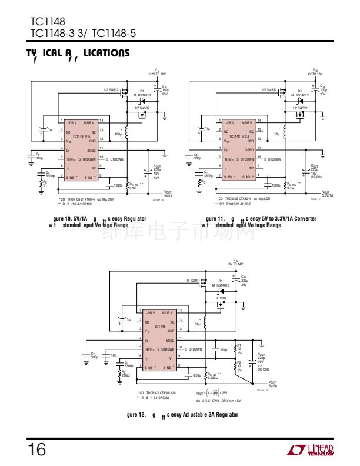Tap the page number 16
36,450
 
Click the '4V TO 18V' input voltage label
315,73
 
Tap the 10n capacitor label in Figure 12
114,355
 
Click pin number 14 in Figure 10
102,120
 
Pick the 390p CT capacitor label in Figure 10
39,158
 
